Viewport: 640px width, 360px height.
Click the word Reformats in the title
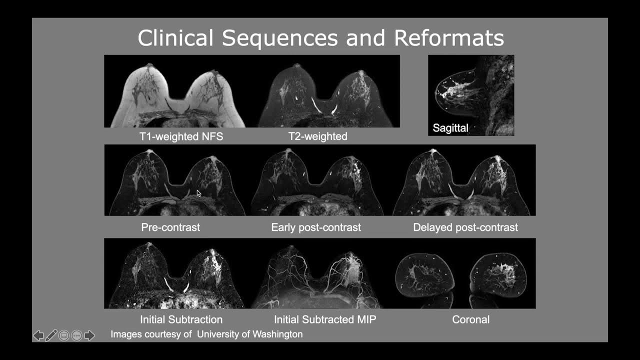(449, 38)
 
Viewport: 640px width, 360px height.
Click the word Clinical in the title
(175, 38)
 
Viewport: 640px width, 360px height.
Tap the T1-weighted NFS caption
(181, 136)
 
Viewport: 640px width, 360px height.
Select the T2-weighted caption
(317, 136)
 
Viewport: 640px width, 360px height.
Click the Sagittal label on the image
(450, 128)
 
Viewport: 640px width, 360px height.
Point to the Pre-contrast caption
(170, 227)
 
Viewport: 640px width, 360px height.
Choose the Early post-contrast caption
(316, 227)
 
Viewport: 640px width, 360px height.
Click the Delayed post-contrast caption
(465, 227)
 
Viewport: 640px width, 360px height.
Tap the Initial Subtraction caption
(181, 319)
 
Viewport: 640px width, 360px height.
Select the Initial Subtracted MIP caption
(325, 319)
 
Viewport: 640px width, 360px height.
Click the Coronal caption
(470, 319)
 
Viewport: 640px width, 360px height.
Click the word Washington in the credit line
(274, 334)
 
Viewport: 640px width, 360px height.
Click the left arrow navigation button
(38, 335)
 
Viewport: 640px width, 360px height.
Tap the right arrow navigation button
(89, 335)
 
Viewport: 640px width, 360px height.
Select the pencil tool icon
(51, 335)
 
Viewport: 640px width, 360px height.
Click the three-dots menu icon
(76, 335)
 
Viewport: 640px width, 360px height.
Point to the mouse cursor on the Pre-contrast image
(198, 192)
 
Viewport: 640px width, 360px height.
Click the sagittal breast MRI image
(470, 95)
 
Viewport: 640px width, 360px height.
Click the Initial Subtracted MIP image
(317, 273)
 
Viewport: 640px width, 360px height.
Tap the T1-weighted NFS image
(175, 91)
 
